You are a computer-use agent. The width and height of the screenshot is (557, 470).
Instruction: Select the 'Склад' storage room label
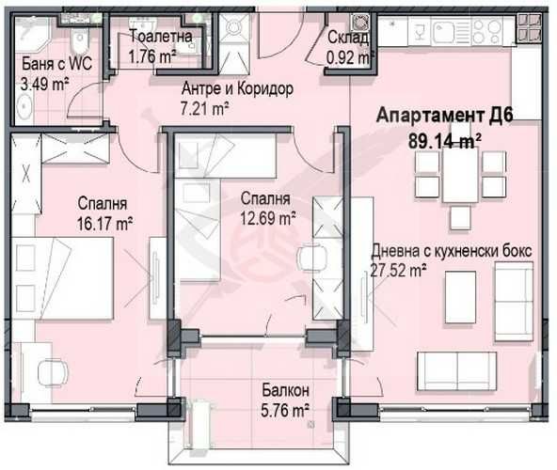click(347, 38)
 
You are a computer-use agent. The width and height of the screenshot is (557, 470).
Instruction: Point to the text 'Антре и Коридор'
click(237, 89)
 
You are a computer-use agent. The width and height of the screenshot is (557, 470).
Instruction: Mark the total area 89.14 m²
click(445, 139)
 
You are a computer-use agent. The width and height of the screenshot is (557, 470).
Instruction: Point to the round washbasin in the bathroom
click(25, 106)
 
